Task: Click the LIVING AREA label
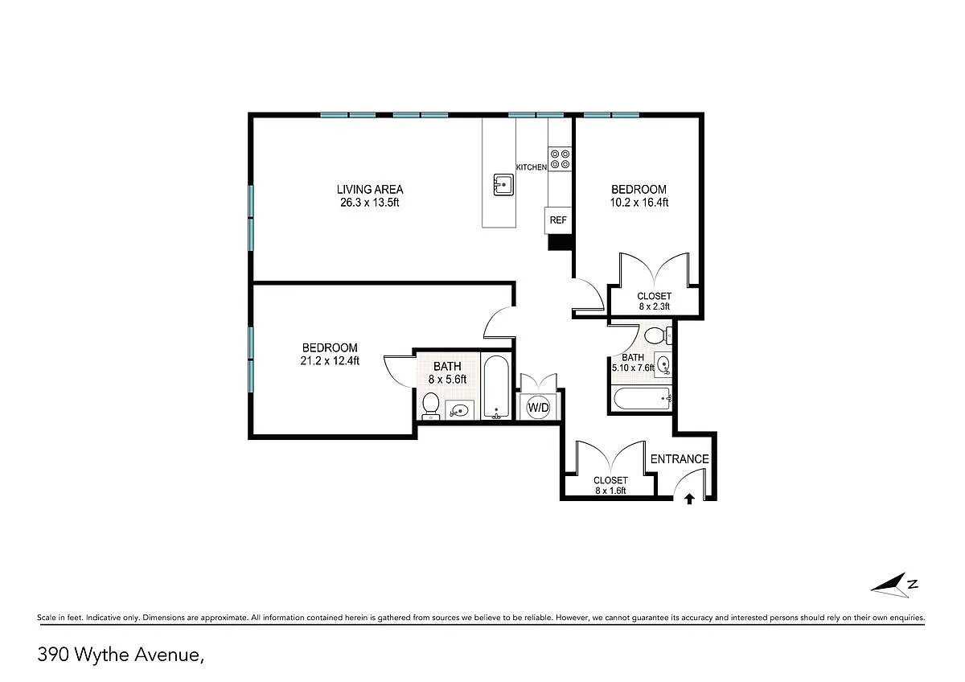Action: [370, 190]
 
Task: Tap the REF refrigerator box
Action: [558, 220]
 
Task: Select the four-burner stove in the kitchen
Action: [560, 159]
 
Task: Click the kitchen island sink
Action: [503, 185]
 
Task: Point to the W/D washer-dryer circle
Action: [539, 407]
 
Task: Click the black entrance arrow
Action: [690, 499]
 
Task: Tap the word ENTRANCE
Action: [680, 459]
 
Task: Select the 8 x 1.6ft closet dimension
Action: [610, 491]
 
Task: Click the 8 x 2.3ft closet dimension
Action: [655, 306]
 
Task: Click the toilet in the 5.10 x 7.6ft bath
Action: [658, 335]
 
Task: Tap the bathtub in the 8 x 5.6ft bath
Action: [496, 388]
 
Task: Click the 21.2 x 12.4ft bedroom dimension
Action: [330, 360]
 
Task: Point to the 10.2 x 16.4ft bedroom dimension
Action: [639, 203]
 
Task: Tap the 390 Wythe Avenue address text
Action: [121, 655]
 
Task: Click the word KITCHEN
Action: [532, 167]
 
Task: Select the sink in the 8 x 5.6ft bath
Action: [460, 410]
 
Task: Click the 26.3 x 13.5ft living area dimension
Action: [370, 203]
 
